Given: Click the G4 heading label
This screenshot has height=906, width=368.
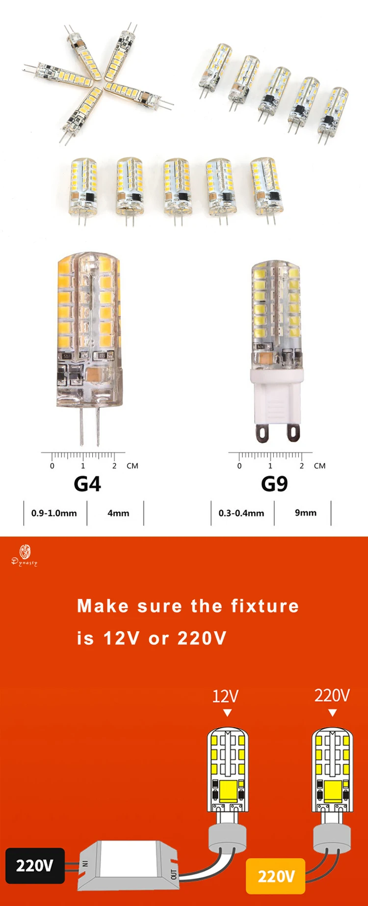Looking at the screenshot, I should point(87,484).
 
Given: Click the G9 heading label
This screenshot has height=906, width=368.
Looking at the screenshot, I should point(274,484).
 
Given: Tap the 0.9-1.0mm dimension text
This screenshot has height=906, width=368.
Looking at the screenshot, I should point(54,513).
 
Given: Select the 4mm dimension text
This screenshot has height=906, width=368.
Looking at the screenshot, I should point(118,513).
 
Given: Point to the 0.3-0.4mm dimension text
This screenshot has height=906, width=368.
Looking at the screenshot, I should point(241,513).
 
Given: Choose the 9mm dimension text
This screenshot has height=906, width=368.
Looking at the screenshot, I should point(306,513).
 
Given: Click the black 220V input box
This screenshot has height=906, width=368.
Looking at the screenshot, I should point(34,865).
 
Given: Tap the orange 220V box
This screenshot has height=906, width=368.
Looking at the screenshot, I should point(276,876).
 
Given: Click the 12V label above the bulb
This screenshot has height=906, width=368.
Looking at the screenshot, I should point(225,696).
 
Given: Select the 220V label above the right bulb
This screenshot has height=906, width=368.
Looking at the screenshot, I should point(332,695).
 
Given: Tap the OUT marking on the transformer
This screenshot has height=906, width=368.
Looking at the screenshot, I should point(173,874).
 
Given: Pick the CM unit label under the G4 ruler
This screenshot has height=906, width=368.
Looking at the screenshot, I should point(132,466).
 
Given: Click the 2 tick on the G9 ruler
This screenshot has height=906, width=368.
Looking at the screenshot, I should point(302,466).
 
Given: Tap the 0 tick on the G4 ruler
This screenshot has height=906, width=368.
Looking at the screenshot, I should point(52,466).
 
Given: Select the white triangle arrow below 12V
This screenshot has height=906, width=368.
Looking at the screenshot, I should point(227,713).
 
